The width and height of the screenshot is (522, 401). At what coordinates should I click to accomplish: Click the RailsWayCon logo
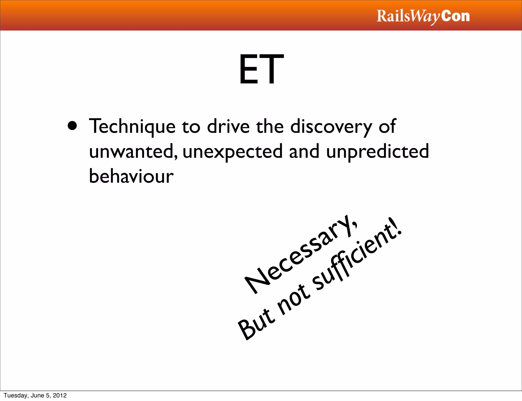[x=423, y=16]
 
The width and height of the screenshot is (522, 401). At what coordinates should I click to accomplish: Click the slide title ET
[x=261, y=69]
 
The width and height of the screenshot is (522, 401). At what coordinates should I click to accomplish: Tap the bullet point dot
[x=72, y=125]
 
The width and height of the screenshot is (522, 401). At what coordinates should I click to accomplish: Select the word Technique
[x=132, y=126]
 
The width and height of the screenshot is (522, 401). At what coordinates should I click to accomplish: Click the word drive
[x=228, y=126]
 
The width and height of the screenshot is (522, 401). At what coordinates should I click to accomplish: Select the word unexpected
[x=232, y=151]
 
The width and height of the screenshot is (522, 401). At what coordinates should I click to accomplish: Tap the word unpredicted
[x=377, y=151]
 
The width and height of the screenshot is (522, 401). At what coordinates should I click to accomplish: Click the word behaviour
[x=131, y=176]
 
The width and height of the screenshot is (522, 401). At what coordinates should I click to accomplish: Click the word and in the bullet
[x=304, y=151]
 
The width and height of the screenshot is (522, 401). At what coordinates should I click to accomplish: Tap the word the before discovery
[x=270, y=126]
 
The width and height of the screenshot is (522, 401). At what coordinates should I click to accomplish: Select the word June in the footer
[x=37, y=395]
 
